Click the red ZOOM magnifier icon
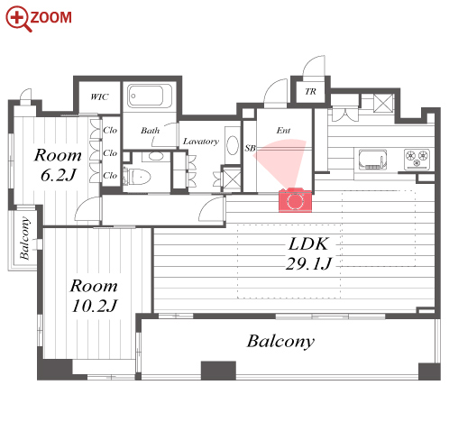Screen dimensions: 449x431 17,18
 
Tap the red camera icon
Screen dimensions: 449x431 295,200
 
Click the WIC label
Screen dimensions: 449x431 99,96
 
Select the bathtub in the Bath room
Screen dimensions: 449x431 150,96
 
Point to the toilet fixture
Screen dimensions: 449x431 139,176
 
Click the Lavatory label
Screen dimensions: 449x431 201,142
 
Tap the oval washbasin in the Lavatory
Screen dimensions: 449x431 233,145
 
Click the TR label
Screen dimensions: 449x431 310,91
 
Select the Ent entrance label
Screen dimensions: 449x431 283,131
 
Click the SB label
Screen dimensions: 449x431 250,148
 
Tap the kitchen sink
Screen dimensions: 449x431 372,160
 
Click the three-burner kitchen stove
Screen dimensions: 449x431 417,159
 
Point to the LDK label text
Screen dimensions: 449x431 308,244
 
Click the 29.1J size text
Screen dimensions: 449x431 308,264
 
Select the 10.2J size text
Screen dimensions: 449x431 94,306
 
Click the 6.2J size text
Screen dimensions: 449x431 58,175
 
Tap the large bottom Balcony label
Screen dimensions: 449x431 280,342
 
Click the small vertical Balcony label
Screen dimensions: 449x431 24,238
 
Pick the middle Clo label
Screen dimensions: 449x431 110,153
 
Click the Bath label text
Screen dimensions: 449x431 151,131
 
